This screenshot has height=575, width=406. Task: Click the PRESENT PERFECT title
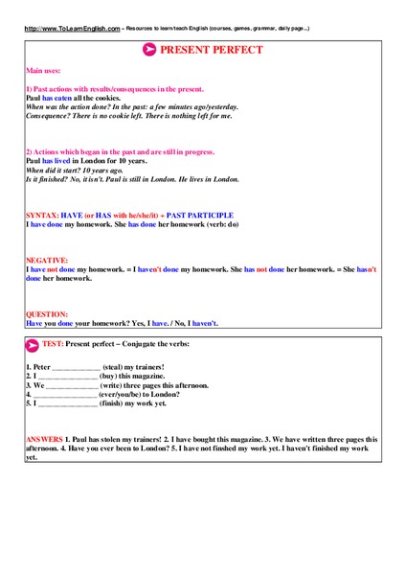coord(211,49)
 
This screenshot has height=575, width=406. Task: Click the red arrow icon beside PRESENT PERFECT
coord(149,49)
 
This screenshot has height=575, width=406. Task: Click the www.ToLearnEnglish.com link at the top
coord(73,29)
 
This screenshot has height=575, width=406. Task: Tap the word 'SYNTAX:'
coord(41,216)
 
